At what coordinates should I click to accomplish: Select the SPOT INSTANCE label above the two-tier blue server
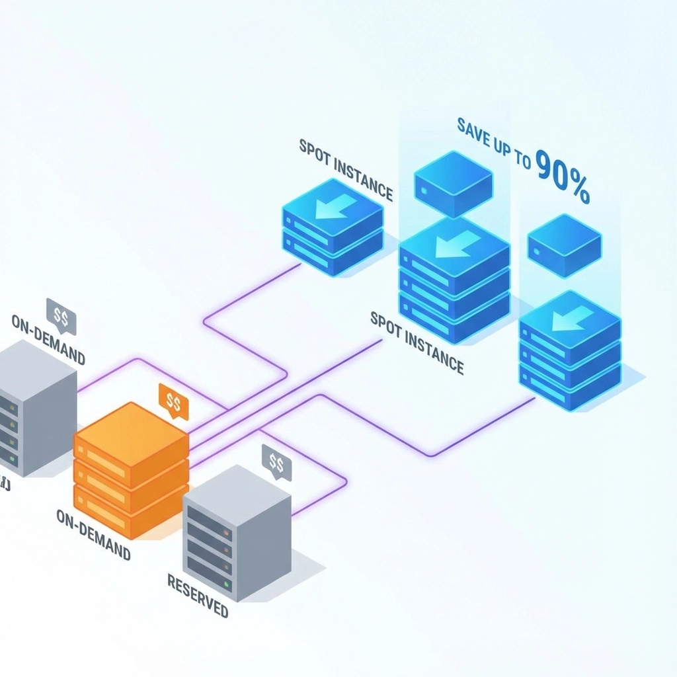tap(345, 169)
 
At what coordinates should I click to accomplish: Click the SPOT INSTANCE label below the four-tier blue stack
tap(417, 343)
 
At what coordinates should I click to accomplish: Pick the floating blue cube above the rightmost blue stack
tap(564, 245)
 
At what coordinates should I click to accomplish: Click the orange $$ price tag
tap(174, 401)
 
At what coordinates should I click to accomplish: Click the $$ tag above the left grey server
tap(61, 316)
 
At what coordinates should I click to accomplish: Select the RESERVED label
tap(197, 595)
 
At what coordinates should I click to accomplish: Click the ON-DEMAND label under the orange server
tap(93, 533)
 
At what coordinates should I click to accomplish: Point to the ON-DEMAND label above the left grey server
tap(48, 339)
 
